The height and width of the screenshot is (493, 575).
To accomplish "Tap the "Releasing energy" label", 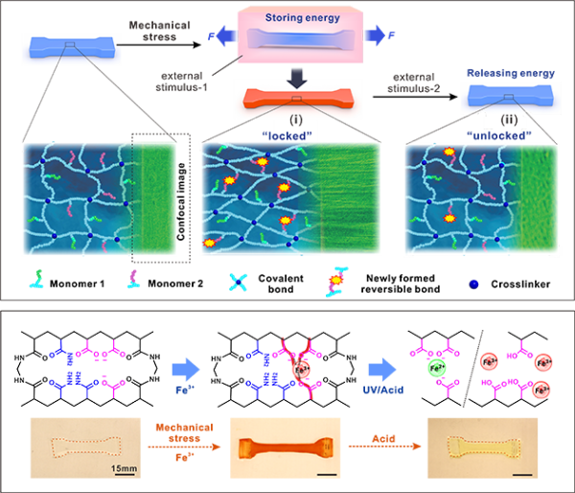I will point(504,71).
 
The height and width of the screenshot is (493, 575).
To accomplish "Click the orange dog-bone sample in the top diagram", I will point(296,98).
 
